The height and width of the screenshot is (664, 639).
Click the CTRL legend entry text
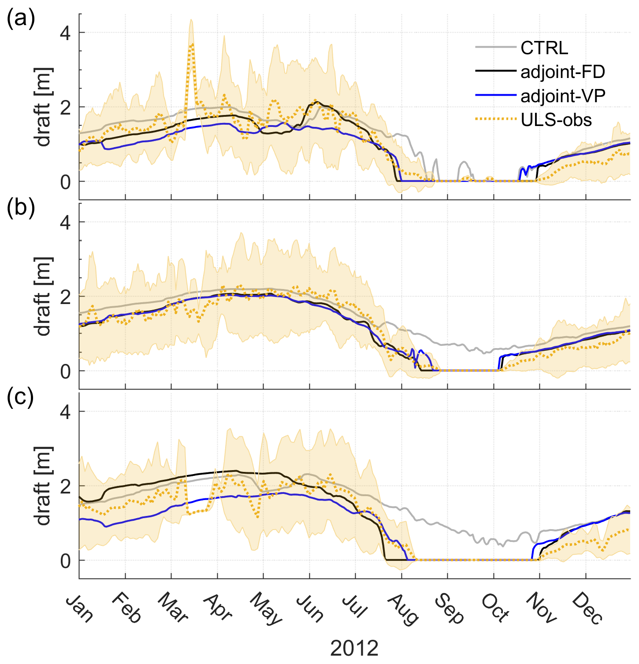click(544, 48)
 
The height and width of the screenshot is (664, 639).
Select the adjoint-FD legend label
click(563, 72)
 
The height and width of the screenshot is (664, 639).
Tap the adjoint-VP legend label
click(563, 96)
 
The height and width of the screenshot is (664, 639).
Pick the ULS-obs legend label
click(556, 120)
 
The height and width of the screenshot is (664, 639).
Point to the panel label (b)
click(20, 208)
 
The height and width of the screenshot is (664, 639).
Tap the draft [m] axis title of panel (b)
click(44, 296)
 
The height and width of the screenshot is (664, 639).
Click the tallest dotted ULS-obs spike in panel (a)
click(191, 44)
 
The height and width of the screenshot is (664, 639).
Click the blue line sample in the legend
click(495, 95)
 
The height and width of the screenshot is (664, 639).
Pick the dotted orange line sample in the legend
click(495, 119)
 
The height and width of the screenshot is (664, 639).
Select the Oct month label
click(495, 609)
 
